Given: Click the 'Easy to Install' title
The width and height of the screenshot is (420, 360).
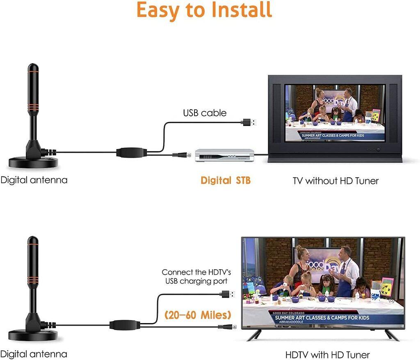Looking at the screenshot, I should [x=204, y=10].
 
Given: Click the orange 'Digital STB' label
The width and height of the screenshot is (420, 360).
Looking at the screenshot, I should [x=225, y=180].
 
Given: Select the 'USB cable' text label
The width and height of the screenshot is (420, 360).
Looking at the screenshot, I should [x=205, y=113].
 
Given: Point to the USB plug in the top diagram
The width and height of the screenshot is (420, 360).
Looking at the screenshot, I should [x=250, y=122].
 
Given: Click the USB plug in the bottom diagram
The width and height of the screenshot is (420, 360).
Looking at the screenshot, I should [x=228, y=294].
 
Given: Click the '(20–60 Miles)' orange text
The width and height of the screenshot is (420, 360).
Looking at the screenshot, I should [x=198, y=315].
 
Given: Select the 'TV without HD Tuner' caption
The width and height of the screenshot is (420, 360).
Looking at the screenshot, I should [x=335, y=181].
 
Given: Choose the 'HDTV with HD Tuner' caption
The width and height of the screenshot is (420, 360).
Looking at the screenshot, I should [x=327, y=354].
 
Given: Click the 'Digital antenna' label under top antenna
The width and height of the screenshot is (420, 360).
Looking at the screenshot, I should [x=34, y=180].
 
